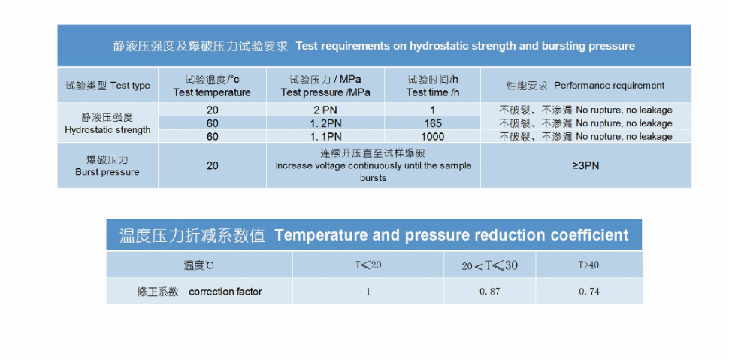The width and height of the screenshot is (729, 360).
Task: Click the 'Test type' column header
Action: pyautogui.click(x=108, y=86)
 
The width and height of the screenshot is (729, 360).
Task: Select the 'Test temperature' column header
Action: pyautogui.click(x=212, y=86)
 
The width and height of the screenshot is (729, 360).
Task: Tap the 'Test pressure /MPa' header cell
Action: pyautogui.click(x=325, y=86)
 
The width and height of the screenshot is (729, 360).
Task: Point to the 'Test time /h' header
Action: pyautogui.click(x=433, y=86)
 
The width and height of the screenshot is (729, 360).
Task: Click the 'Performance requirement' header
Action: pyautogui.click(x=585, y=86)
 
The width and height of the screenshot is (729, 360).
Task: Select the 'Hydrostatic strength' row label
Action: pyautogui.click(x=108, y=124)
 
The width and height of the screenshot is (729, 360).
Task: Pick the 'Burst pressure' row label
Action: pyautogui.click(x=107, y=166)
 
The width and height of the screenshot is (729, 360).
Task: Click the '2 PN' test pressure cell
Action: pyautogui.click(x=325, y=110)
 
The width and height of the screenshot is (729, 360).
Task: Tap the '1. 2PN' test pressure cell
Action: pyautogui.click(x=325, y=123)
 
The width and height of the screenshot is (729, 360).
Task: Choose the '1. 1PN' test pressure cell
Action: pyautogui.click(x=325, y=137)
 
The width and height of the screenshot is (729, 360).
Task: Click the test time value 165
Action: pyautogui.click(x=433, y=123)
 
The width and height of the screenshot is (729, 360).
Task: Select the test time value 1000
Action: pyautogui.click(x=433, y=137)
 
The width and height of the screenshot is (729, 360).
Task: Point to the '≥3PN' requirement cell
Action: pyautogui.click(x=585, y=166)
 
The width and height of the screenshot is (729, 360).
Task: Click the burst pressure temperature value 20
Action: pyautogui.click(x=213, y=166)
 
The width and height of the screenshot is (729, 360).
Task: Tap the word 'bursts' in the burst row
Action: pyautogui.click(x=374, y=178)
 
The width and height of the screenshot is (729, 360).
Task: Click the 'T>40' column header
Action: pyautogui.click(x=588, y=265)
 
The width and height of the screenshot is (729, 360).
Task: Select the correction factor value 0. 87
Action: pyautogui.click(x=489, y=292)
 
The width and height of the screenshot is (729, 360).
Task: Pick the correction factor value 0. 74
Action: pyautogui.click(x=589, y=292)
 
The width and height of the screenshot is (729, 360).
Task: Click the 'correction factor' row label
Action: pyautogui.click(x=225, y=292)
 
